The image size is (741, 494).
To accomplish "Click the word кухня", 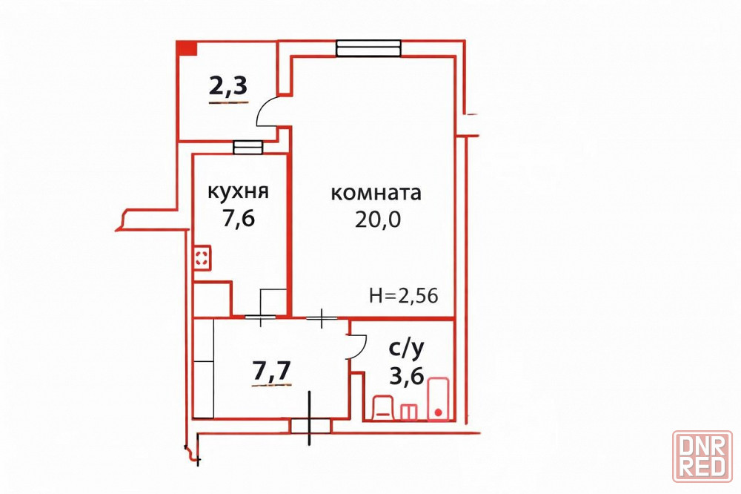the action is (x=238, y=193).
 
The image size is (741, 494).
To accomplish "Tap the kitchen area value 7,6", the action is (x=239, y=218).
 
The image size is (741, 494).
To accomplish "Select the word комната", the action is (x=376, y=194).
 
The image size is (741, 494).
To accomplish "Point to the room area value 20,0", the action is (x=378, y=219).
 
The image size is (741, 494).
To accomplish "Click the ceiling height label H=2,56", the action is (x=404, y=295).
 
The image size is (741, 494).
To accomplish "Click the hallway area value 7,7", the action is (x=272, y=371).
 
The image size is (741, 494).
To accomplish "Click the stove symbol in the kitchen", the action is (x=202, y=258).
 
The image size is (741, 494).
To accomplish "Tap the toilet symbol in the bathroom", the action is (x=383, y=408).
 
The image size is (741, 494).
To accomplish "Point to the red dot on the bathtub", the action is (x=438, y=412).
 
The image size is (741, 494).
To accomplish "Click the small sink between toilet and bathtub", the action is (x=409, y=412).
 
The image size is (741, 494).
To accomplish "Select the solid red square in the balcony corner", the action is (x=187, y=48).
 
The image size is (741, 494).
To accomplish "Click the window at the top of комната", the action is (x=368, y=48).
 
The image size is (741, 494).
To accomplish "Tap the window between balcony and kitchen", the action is (x=247, y=148).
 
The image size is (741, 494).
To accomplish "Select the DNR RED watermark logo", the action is (x=702, y=456).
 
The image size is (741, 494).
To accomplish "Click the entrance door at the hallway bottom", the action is (x=310, y=426).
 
